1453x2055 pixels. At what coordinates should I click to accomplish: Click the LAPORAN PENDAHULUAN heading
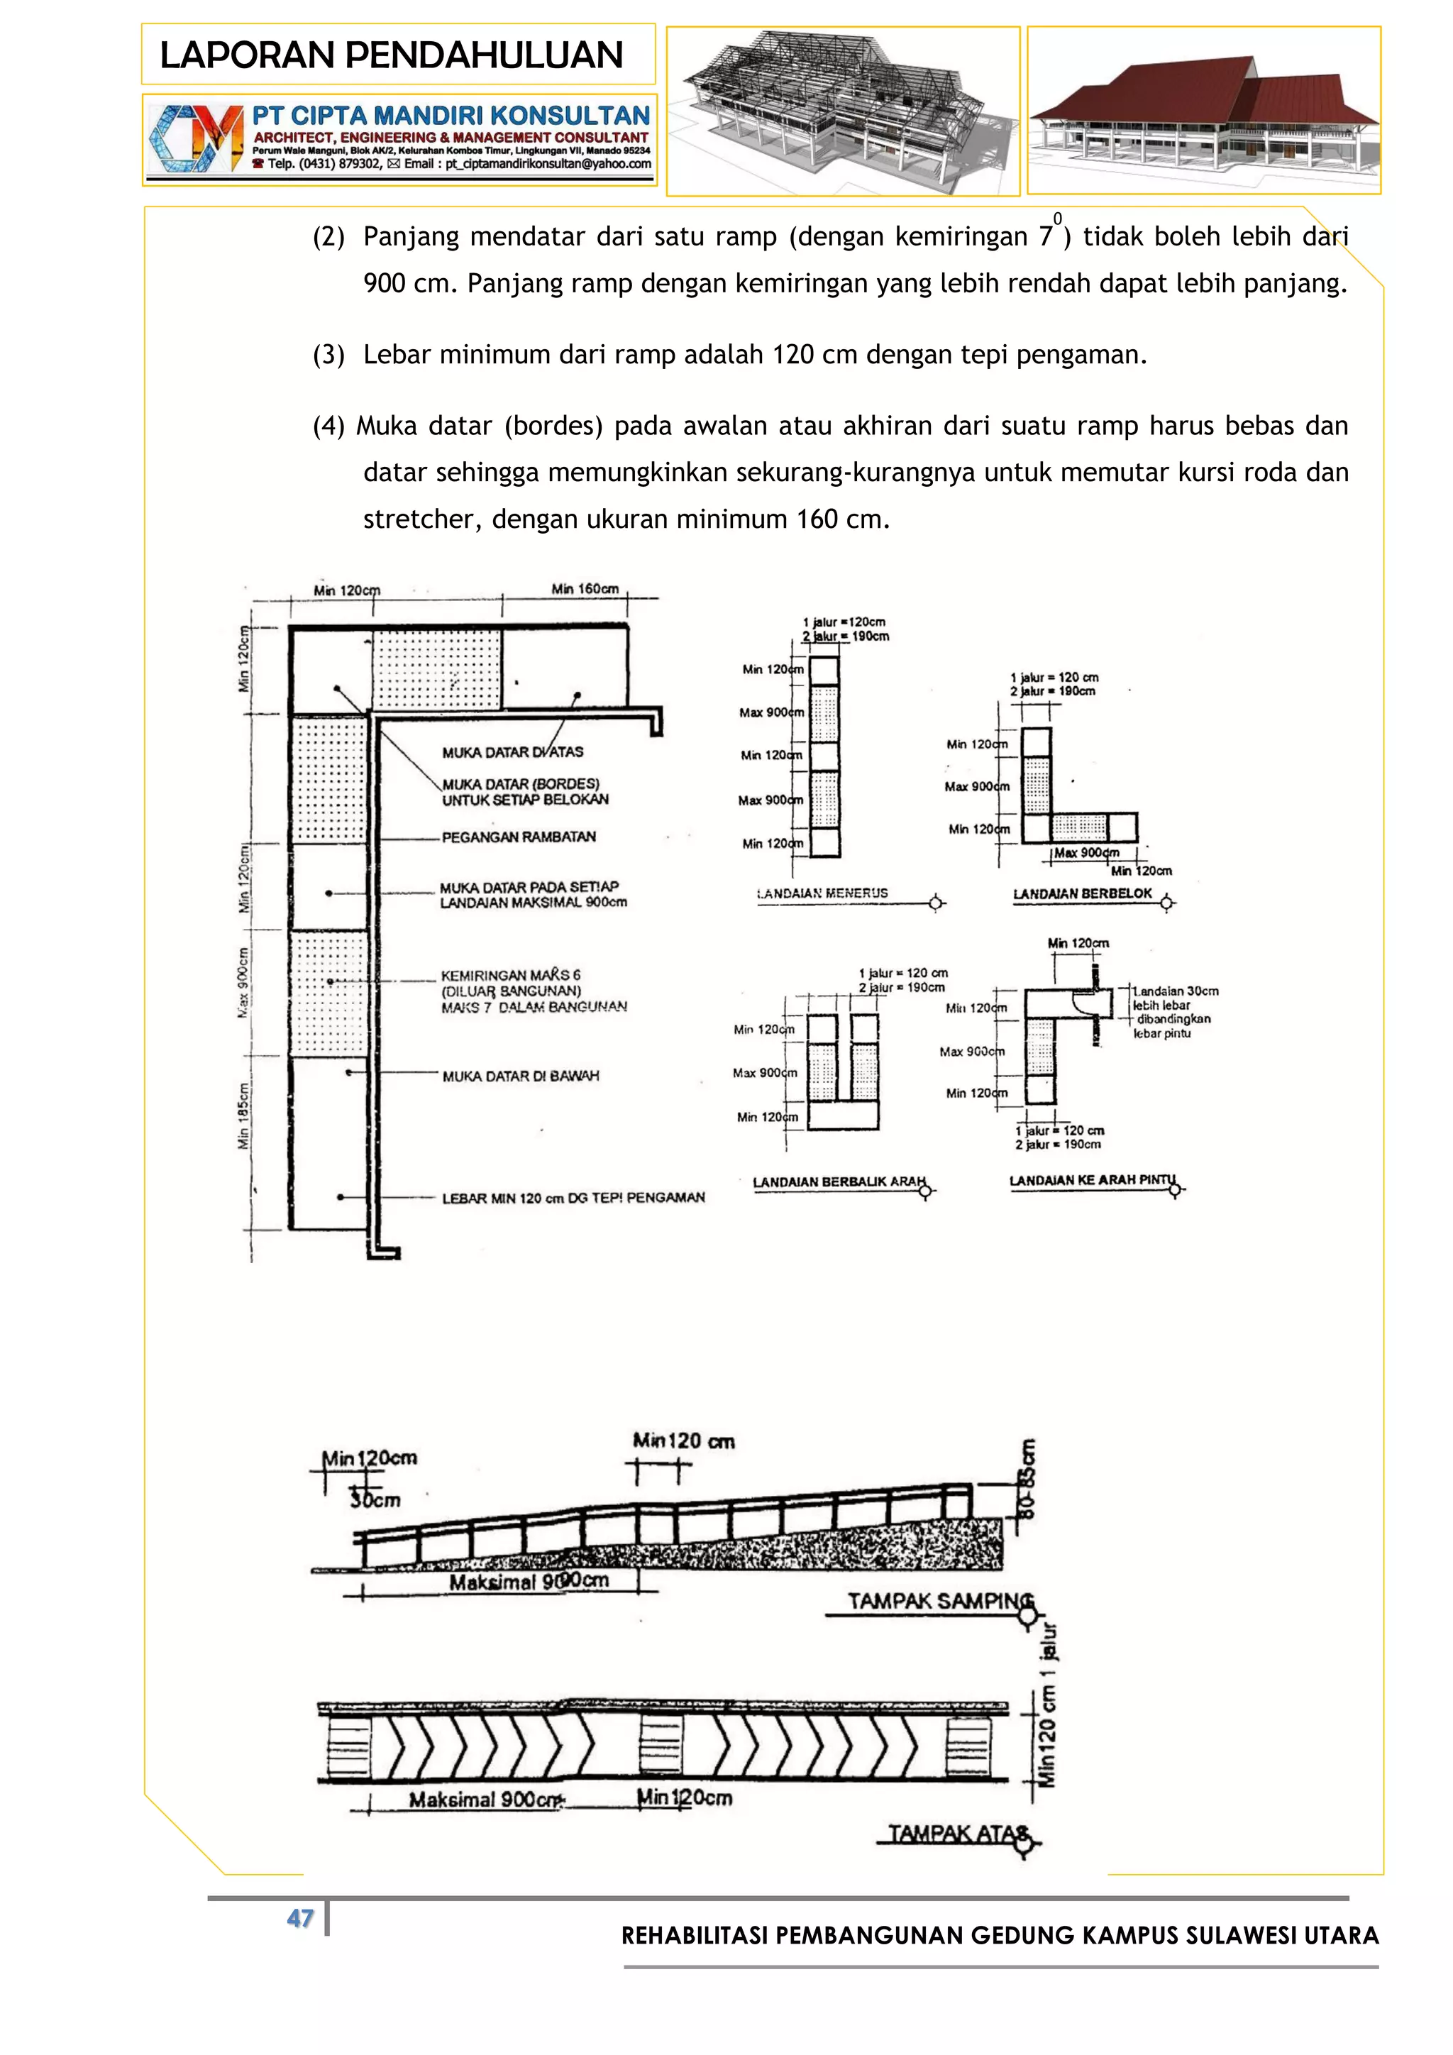[x=391, y=55]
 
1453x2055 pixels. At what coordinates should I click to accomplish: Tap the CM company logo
[x=196, y=139]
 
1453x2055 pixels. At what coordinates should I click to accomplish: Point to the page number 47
[x=299, y=1918]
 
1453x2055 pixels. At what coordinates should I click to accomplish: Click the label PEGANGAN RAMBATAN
[x=518, y=837]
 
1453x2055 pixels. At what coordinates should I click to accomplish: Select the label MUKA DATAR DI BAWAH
[x=520, y=1076]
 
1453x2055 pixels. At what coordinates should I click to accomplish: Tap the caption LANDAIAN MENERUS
[x=823, y=893]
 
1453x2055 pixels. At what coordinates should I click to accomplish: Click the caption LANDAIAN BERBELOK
[x=1083, y=894]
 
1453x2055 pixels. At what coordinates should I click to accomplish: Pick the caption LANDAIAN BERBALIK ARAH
[x=839, y=1182]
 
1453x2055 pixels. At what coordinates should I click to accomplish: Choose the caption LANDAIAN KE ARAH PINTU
[x=1093, y=1181]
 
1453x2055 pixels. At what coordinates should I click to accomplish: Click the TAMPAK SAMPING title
[x=939, y=1602]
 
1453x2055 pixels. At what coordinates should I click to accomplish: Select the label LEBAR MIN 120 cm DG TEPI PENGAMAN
[x=573, y=1198]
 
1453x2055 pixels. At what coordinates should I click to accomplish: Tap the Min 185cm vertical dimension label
[x=243, y=1115]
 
